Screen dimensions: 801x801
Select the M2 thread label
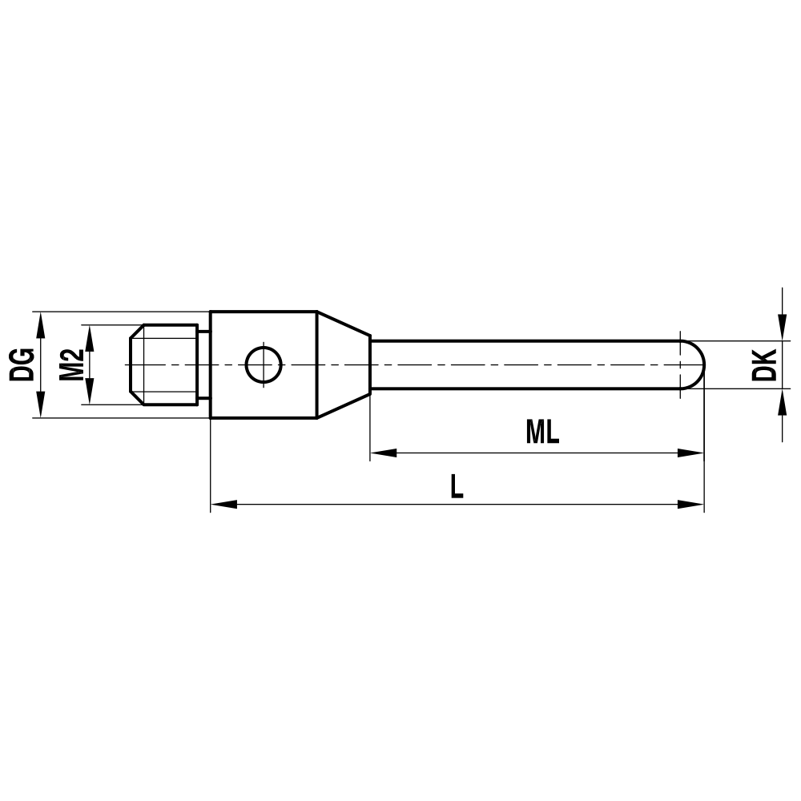(x=72, y=364)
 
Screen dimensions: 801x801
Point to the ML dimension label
(x=542, y=433)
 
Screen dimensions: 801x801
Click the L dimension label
(x=456, y=486)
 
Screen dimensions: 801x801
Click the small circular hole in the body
(x=264, y=365)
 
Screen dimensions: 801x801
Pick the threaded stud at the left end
(x=164, y=365)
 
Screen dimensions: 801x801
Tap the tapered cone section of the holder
(x=343, y=365)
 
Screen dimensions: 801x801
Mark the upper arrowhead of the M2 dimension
(x=90, y=336)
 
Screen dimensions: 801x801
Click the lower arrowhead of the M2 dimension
(x=90, y=394)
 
